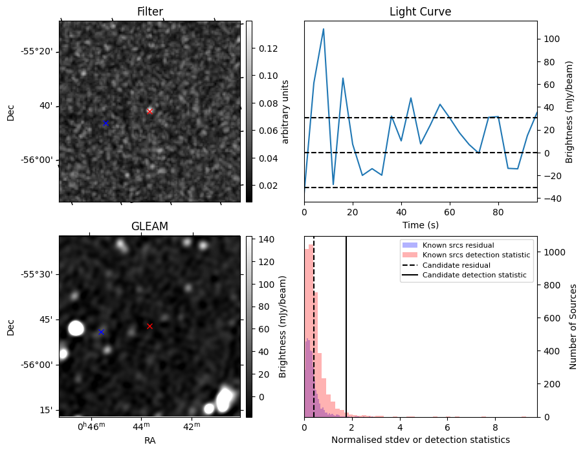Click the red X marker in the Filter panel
coord(149,111)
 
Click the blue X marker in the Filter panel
coord(105,123)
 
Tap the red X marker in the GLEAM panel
coord(149,326)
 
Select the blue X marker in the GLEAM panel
coord(101,332)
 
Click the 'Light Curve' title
coord(420,12)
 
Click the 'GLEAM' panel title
coord(149,226)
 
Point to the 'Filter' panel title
coord(149,12)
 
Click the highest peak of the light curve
coord(324,29)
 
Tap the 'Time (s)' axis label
coord(420,224)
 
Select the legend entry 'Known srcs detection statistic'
coord(476,255)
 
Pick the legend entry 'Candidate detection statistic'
coord(474,276)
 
